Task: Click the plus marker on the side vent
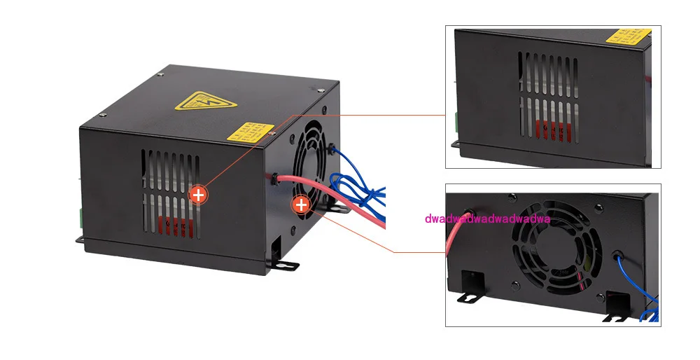click(199, 194)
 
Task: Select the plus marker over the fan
click(301, 205)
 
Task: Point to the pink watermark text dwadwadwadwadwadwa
click(488, 219)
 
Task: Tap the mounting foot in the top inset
click(455, 144)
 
